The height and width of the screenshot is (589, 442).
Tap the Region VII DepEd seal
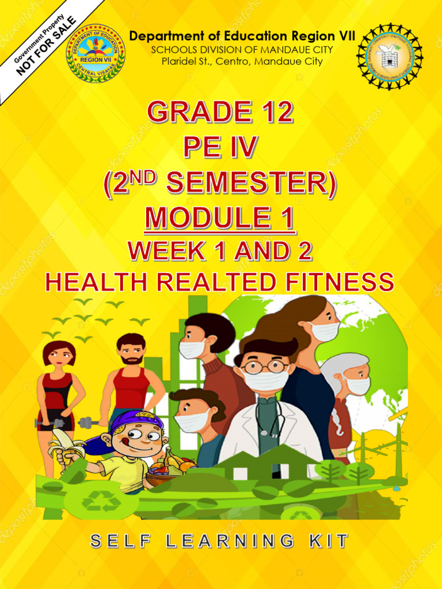[96, 53]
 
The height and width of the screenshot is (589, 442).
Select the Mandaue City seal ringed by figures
[390, 56]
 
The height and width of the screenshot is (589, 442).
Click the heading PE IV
[220, 148]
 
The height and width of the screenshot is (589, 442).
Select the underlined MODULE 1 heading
[220, 219]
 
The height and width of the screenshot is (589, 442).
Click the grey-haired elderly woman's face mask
[359, 385]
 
